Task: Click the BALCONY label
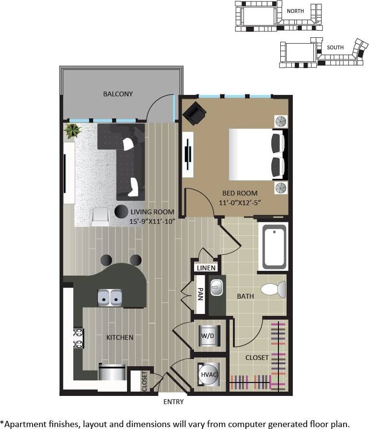[x=118, y=94]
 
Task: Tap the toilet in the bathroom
[x=273, y=289]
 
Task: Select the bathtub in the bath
[x=273, y=247]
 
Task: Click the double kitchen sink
[x=110, y=298]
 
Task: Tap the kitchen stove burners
[x=78, y=338]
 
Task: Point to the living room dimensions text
[x=151, y=221]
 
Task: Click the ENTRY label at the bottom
[x=173, y=401]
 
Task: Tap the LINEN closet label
[x=207, y=268]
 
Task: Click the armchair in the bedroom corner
[x=194, y=114]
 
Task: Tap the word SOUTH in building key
[x=335, y=47]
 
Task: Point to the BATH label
[x=245, y=296]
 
